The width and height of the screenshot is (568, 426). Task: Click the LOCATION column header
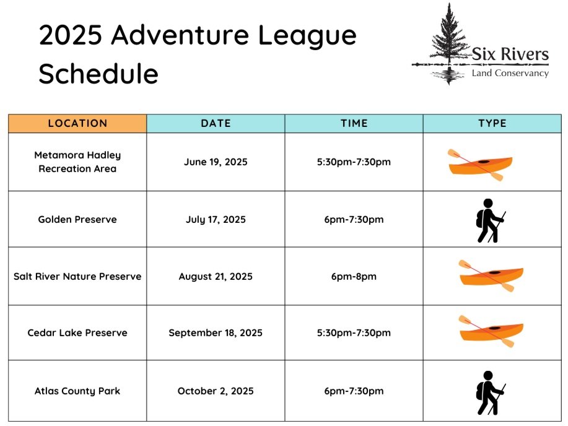[x=77, y=123]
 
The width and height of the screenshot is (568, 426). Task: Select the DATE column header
[x=216, y=123]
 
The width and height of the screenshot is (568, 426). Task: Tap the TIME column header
[x=354, y=123]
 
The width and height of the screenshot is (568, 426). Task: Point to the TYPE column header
[x=492, y=123]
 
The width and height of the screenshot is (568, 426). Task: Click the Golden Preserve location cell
[x=77, y=220]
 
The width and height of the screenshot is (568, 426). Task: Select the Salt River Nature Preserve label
[x=77, y=276]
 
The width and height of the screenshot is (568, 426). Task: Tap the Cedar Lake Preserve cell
[x=77, y=333]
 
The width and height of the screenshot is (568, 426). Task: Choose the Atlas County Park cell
[x=77, y=391]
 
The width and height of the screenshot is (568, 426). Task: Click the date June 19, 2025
[x=216, y=162]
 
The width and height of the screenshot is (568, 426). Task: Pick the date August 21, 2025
[x=216, y=276]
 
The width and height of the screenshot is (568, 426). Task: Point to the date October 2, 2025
[x=216, y=391]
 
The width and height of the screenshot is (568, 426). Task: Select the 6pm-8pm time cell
[x=354, y=276]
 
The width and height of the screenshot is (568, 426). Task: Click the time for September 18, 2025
[x=354, y=333]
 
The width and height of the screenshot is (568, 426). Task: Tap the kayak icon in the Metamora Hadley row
[x=480, y=165]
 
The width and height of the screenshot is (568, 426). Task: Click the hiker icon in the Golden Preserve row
[x=491, y=220]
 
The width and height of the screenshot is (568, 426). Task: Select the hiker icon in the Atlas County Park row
[x=491, y=393]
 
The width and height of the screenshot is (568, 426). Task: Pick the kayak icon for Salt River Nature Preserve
[x=491, y=276]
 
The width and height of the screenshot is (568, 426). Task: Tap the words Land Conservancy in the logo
[x=510, y=73]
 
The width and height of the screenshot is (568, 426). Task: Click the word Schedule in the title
[x=98, y=74]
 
